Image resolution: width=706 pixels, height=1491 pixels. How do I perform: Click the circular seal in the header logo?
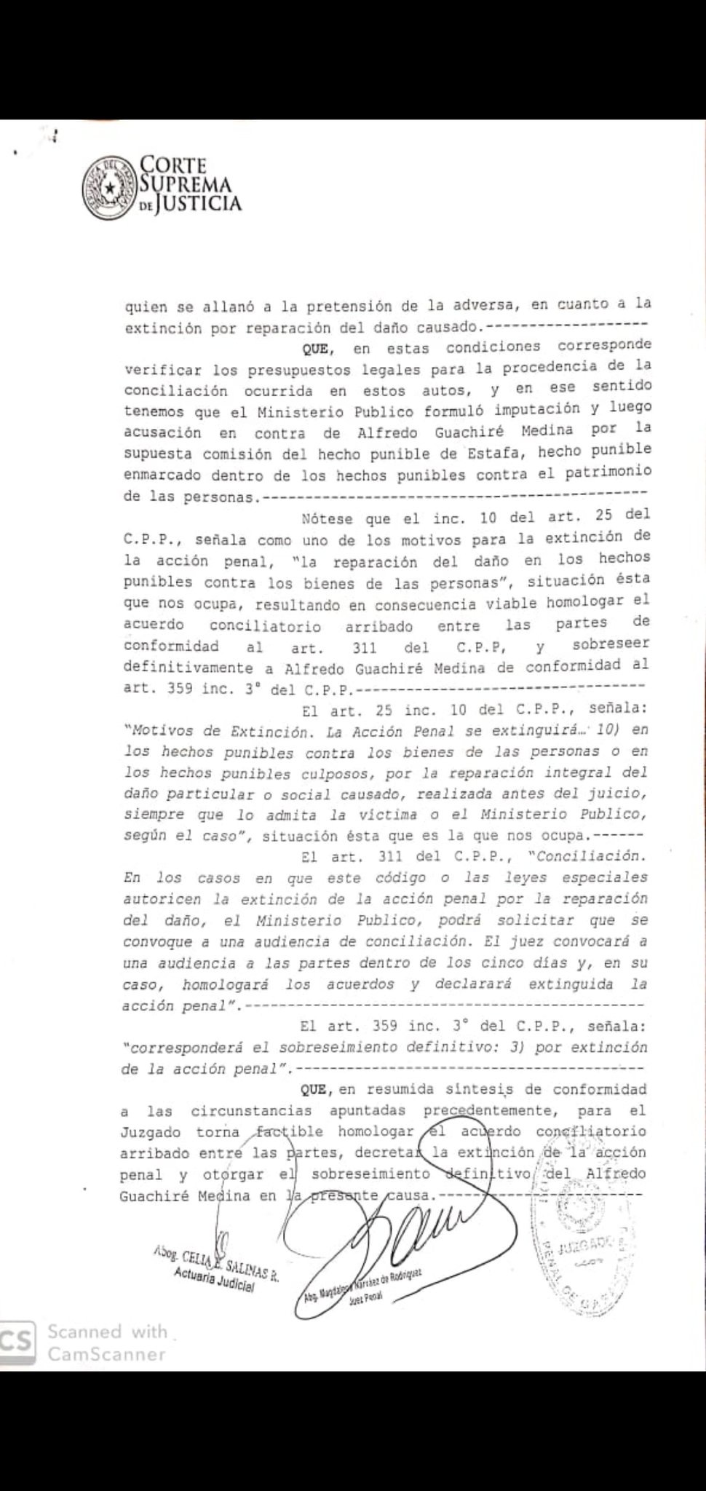[110, 189]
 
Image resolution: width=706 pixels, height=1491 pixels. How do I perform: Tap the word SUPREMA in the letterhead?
[185, 184]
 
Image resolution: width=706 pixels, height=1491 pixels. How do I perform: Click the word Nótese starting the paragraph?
[326, 518]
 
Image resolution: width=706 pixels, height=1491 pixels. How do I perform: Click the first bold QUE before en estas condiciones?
[315, 349]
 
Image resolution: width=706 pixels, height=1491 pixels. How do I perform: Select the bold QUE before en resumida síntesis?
[315, 1089]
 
